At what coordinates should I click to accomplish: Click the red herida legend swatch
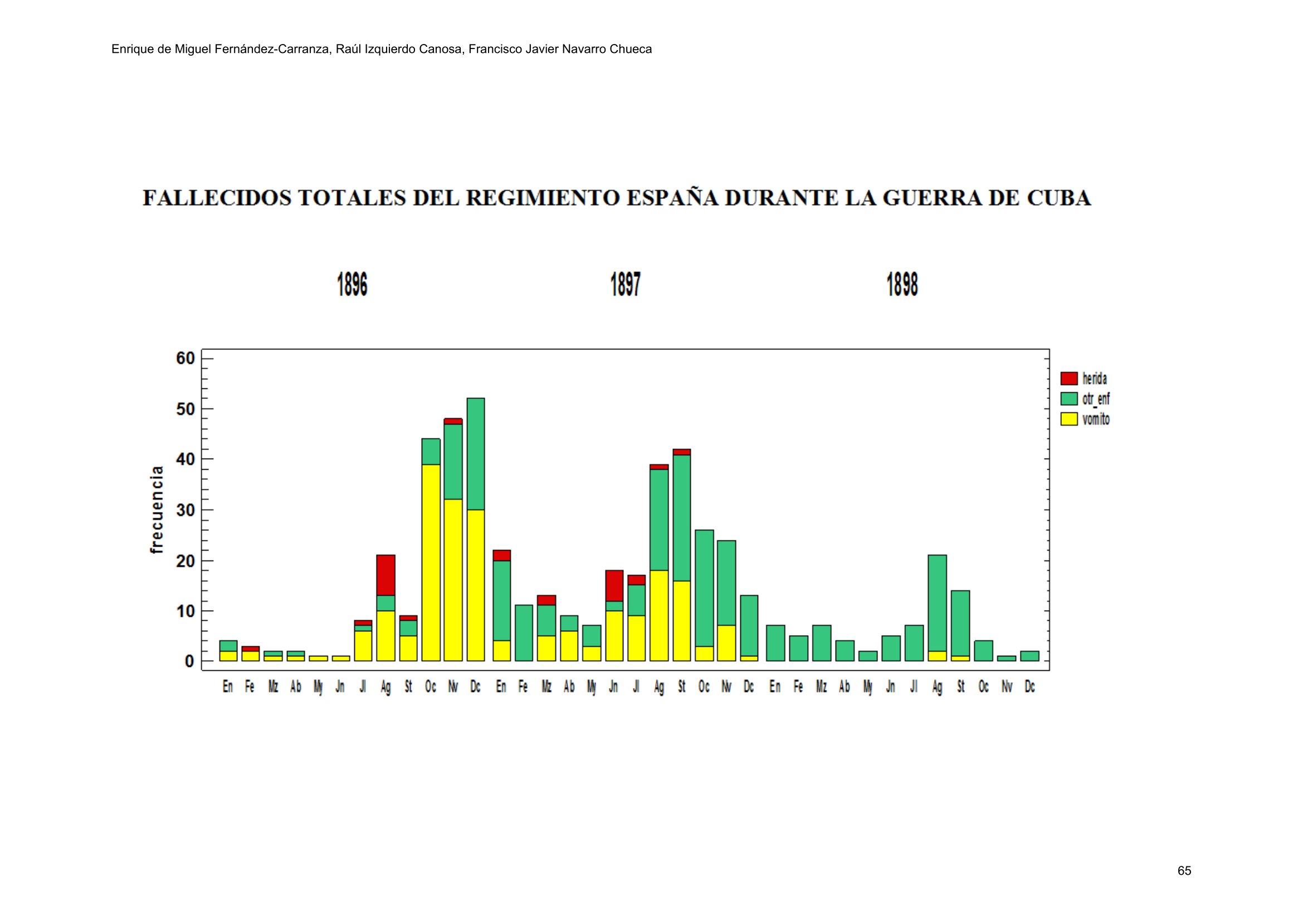point(1068,378)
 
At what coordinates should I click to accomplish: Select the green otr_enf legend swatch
point(1068,398)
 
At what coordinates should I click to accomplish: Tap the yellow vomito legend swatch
point(1068,420)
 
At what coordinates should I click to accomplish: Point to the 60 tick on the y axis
point(185,358)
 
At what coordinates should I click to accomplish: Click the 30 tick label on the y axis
point(185,510)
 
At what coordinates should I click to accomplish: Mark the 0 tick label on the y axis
point(189,662)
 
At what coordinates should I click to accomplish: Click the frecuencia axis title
point(157,510)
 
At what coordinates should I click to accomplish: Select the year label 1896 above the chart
point(352,284)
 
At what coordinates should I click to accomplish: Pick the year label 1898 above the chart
point(902,284)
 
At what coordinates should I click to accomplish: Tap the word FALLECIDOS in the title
point(217,198)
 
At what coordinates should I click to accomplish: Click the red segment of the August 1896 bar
point(385,575)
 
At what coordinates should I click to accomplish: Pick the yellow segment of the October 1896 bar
point(431,562)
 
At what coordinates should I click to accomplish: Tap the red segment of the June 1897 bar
point(614,585)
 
